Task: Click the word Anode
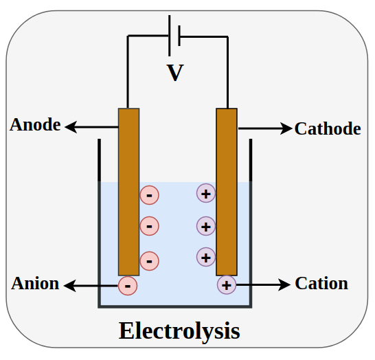coord(35,125)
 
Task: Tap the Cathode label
coord(328,128)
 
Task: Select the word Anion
coord(35,283)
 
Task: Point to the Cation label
coord(321,283)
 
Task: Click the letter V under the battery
coord(176,73)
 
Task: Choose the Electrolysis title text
coord(179,330)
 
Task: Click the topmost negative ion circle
coord(149,195)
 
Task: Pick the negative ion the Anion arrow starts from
coord(128,284)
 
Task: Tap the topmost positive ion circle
coord(206,193)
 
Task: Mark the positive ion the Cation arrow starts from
coord(227,284)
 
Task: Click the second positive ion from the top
coord(206,225)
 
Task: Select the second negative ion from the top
coord(149,225)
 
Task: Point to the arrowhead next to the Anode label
coord(69,126)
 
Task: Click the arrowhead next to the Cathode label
coord(287,128)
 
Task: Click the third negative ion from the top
coord(149,260)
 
